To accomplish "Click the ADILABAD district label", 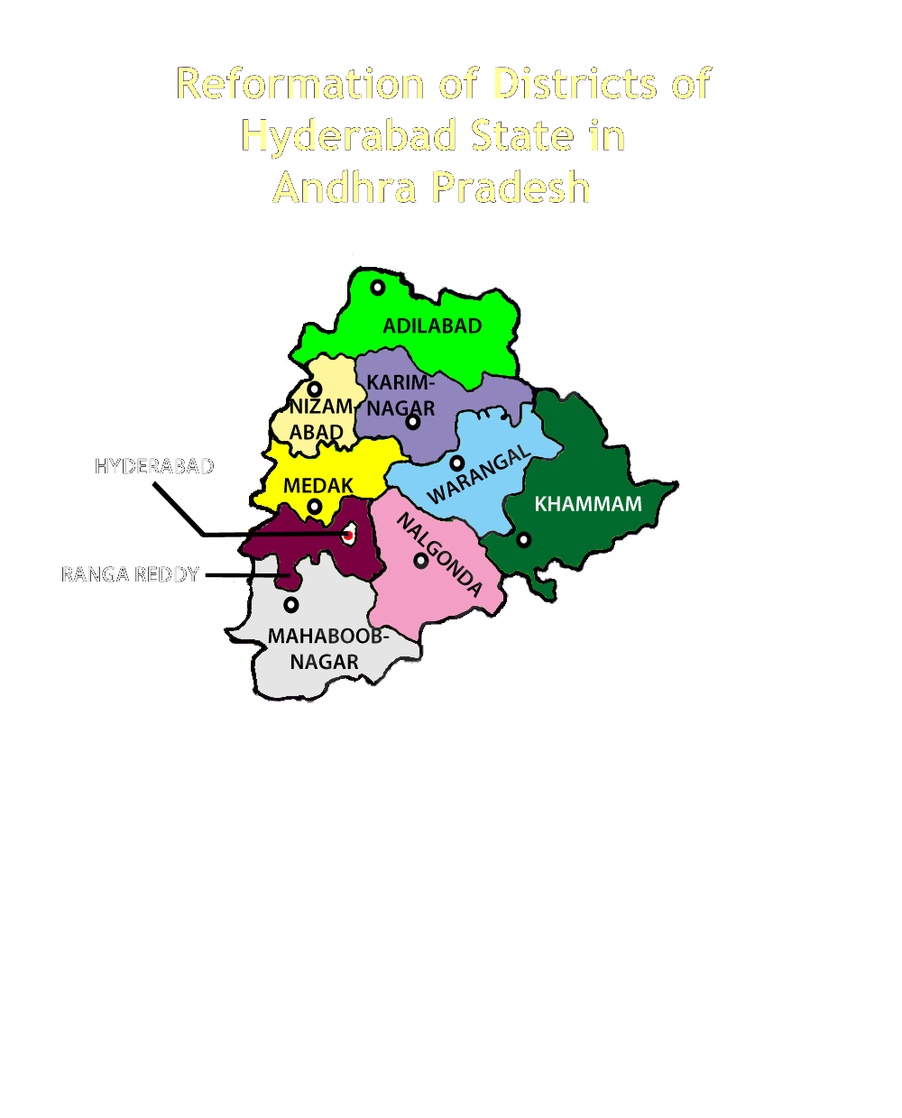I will click(432, 326).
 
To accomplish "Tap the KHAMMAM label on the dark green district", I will click(588, 504).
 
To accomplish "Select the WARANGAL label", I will click(478, 476).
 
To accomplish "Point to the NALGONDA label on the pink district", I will click(439, 554).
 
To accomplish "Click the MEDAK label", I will click(318, 486).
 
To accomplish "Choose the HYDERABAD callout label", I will click(154, 467).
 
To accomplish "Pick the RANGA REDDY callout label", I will click(130, 575).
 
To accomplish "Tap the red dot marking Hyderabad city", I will click(348, 536).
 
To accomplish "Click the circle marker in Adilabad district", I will click(378, 288).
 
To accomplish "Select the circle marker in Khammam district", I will click(523, 540).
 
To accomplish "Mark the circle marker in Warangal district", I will click(457, 463).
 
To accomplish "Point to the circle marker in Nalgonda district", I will click(420, 561).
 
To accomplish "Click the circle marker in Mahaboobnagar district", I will click(290, 604).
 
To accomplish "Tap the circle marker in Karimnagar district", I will click(413, 422).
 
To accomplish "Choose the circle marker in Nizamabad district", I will click(315, 389).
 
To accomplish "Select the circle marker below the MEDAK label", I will click(314, 508).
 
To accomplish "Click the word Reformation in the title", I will click(300, 84).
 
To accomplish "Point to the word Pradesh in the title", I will click(511, 188).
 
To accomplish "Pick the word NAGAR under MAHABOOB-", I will click(324, 663).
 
